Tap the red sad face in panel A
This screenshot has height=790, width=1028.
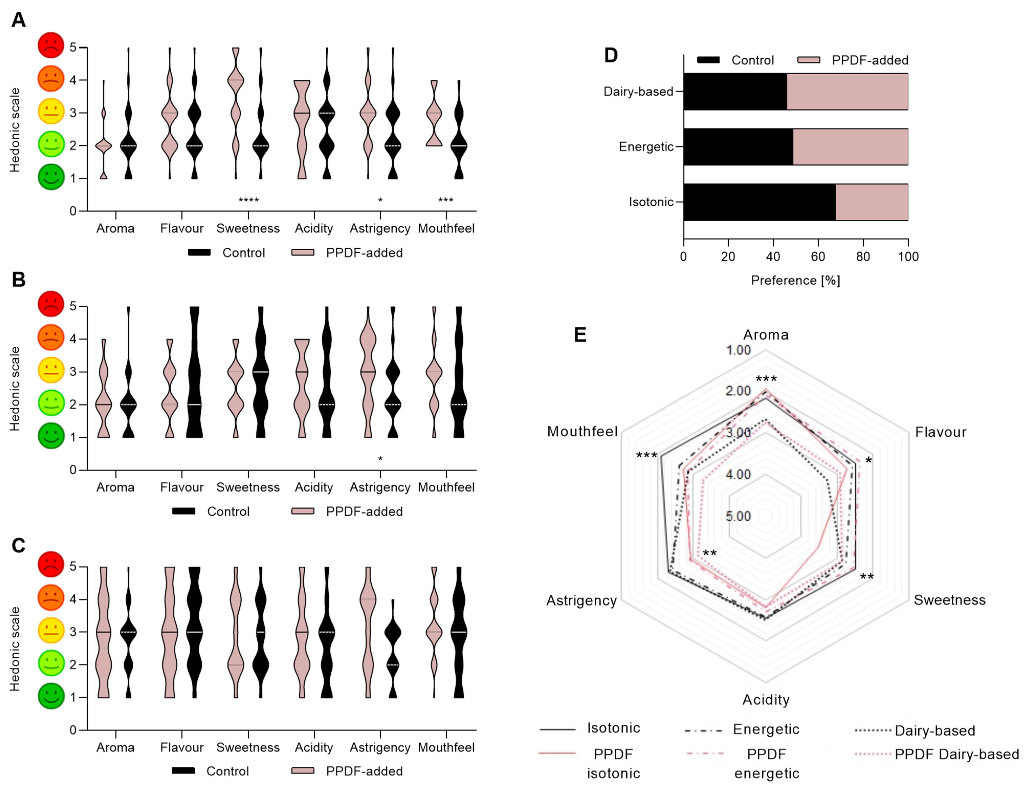tap(51, 45)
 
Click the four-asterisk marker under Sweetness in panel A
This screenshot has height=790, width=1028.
tap(249, 201)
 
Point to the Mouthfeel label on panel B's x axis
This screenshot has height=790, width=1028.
tap(446, 487)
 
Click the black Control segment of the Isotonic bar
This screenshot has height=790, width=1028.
tap(759, 202)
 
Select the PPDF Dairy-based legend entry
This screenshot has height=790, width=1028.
tap(956, 754)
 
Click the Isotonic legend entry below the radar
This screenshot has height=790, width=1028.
tap(613, 728)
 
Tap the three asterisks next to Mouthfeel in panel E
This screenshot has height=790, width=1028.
tap(646, 455)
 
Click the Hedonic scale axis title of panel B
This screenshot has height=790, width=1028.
tap(15, 388)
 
